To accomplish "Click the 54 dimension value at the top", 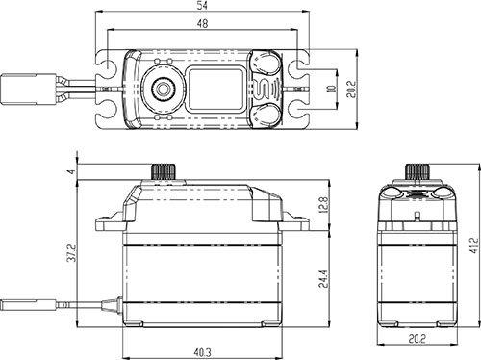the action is click(202, 6).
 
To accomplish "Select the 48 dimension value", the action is click(202, 23).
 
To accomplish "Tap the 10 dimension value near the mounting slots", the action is click(331, 89).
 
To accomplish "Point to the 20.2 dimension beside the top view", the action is click(351, 89).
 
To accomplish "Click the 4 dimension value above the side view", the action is click(72, 171).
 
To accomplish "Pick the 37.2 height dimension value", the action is click(72, 253).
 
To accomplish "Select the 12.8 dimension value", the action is click(323, 205).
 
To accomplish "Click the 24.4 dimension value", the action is click(323, 278).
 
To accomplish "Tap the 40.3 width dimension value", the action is click(202, 353).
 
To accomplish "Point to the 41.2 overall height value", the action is click(474, 245).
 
